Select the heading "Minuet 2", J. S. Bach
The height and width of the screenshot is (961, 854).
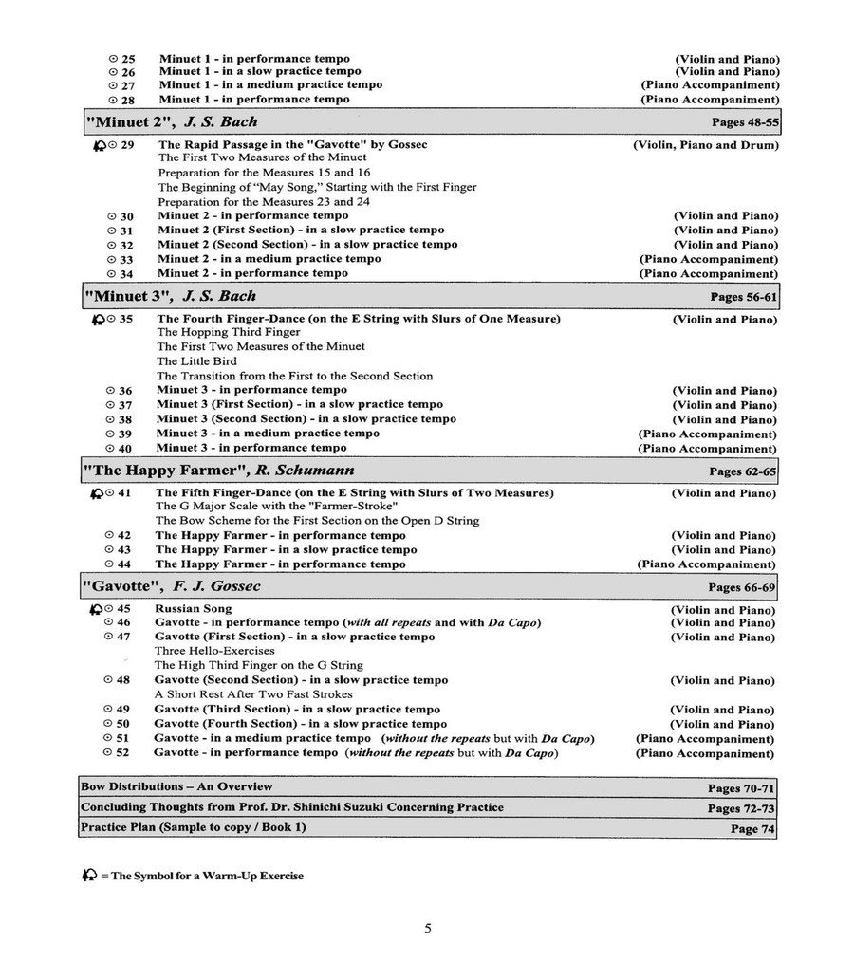(172, 122)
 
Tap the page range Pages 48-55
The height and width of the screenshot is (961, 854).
(745, 123)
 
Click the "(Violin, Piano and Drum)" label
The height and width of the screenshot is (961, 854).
(705, 145)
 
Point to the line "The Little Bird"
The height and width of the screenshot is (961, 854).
(196, 361)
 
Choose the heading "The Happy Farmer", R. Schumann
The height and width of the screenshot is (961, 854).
(218, 471)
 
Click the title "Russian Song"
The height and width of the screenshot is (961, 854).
(193, 609)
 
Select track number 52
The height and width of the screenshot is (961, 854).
(122, 753)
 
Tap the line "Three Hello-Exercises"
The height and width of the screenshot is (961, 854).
(214, 651)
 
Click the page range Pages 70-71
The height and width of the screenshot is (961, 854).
(741, 788)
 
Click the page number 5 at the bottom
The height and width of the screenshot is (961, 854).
(428, 928)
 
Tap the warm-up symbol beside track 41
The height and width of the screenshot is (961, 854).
(97, 493)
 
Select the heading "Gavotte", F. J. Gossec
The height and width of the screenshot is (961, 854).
(171, 586)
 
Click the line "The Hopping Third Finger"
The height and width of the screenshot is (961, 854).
(228, 333)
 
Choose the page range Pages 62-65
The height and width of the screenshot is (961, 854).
(742, 471)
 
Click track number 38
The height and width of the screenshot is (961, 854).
(125, 419)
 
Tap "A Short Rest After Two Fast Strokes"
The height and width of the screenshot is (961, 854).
(253, 694)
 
